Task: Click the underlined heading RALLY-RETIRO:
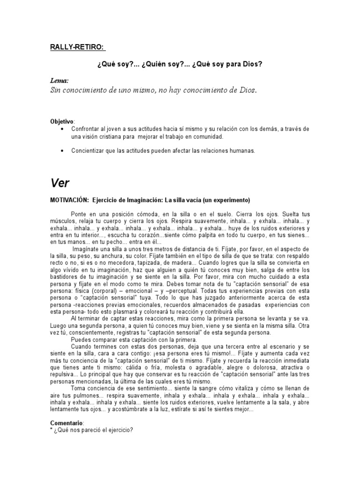pyautogui.click(x=78, y=47)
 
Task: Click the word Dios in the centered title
pyautogui.click(x=254, y=64)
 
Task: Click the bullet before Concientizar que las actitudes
pyautogui.click(x=62, y=151)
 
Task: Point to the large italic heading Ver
pyautogui.click(x=60, y=182)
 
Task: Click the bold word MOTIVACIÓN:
pyautogui.click(x=69, y=200)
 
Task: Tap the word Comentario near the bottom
pyautogui.click(x=66, y=423)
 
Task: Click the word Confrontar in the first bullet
pyautogui.click(x=85, y=129)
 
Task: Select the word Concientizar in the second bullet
pyautogui.click(x=87, y=151)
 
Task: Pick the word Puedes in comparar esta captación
pyautogui.click(x=81, y=339)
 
